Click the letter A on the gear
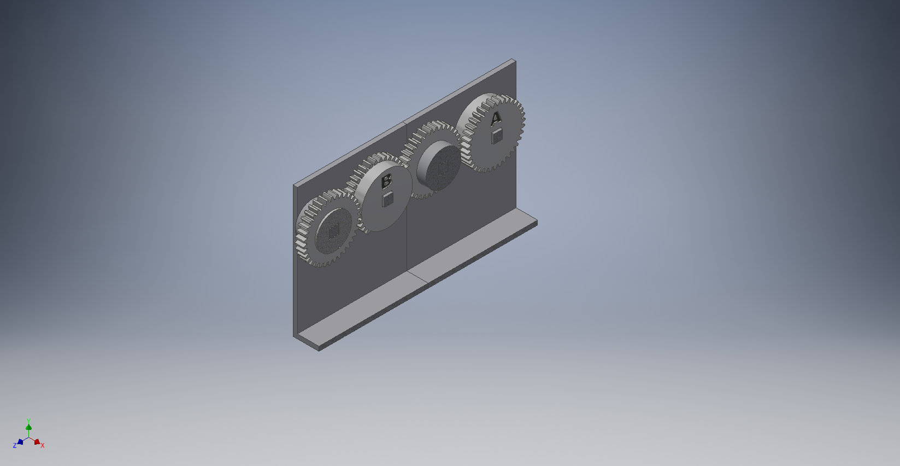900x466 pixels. click(x=496, y=118)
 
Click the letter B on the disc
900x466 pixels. click(x=386, y=181)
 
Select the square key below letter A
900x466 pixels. click(x=497, y=136)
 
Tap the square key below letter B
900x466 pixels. click(x=387, y=199)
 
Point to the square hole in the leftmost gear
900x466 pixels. click(x=334, y=232)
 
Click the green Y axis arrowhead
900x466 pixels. click(x=28, y=427)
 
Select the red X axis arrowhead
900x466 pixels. click(x=37, y=441)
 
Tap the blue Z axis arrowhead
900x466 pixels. click(x=20, y=441)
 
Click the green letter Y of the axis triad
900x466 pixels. click(x=28, y=421)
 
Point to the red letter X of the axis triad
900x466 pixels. click(x=43, y=446)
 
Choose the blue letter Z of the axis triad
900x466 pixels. click(x=15, y=446)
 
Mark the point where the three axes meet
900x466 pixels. click(x=28, y=438)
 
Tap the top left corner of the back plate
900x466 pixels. click(x=295, y=185)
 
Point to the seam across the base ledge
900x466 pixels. click(x=418, y=278)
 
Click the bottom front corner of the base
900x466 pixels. click(x=319, y=349)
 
